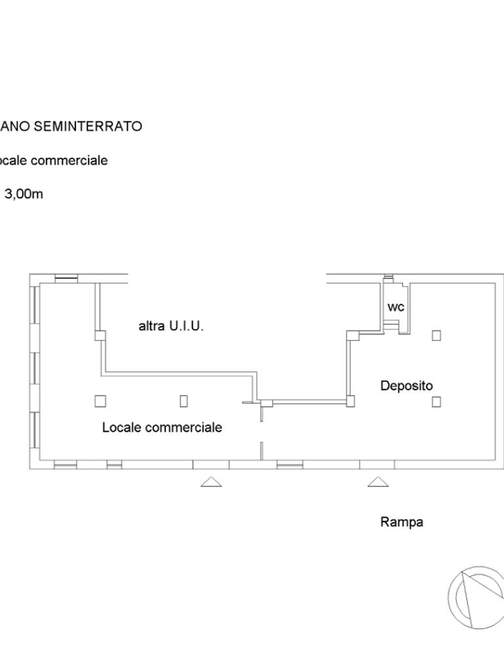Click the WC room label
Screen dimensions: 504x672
point(396,307)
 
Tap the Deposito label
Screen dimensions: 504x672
point(407,386)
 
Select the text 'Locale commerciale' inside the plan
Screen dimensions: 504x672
point(162,427)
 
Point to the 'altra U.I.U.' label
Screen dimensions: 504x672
point(171,325)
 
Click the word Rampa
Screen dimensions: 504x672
point(402,522)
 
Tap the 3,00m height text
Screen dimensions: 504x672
point(24,194)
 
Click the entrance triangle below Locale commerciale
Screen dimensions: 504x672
point(211,482)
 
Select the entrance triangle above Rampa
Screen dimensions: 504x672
point(377,482)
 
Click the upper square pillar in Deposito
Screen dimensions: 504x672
point(436,335)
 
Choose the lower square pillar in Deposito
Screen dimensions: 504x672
point(436,402)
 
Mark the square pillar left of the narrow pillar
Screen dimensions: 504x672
point(100,400)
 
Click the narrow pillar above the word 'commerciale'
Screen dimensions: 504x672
point(184,400)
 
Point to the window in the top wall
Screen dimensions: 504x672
point(66,278)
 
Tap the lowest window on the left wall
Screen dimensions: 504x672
point(34,430)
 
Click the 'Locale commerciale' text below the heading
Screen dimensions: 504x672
point(54,160)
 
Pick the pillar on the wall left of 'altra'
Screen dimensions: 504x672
point(100,336)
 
